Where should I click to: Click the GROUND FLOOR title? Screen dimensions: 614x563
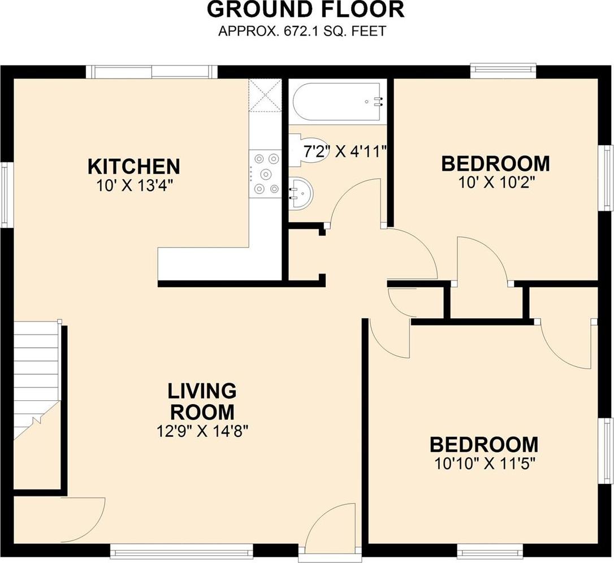pyautogui.click(x=305, y=10)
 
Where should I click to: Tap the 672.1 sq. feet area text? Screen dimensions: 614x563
pyautogui.click(x=302, y=31)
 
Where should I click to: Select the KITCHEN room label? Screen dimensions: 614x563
pyautogui.click(x=134, y=166)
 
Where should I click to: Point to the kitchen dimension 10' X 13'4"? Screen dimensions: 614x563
pyautogui.click(x=134, y=185)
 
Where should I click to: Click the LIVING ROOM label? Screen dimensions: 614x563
pyautogui.click(x=202, y=401)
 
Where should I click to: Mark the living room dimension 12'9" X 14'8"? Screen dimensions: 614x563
pyautogui.click(x=202, y=431)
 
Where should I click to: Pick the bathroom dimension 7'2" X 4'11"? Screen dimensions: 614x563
pyautogui.click(x=345, y=151)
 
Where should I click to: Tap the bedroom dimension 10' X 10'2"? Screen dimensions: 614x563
pyautogui.click(x=496, y=182)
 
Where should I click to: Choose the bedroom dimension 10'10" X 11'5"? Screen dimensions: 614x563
pyautogui.click(x=485, y=464)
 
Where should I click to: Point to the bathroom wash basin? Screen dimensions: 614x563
pyautogui.click(x=301, y=194)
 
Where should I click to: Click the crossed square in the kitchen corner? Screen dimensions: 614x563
pyautogui.click(x=265, y=96)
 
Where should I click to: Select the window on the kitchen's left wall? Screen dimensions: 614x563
pyautogui.click(x=5, y=194)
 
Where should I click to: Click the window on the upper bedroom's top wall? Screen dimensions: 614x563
pyautogui.click(x=503, y=69)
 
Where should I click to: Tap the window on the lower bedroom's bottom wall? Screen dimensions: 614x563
pyautogui.click(x=490, y=552)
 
